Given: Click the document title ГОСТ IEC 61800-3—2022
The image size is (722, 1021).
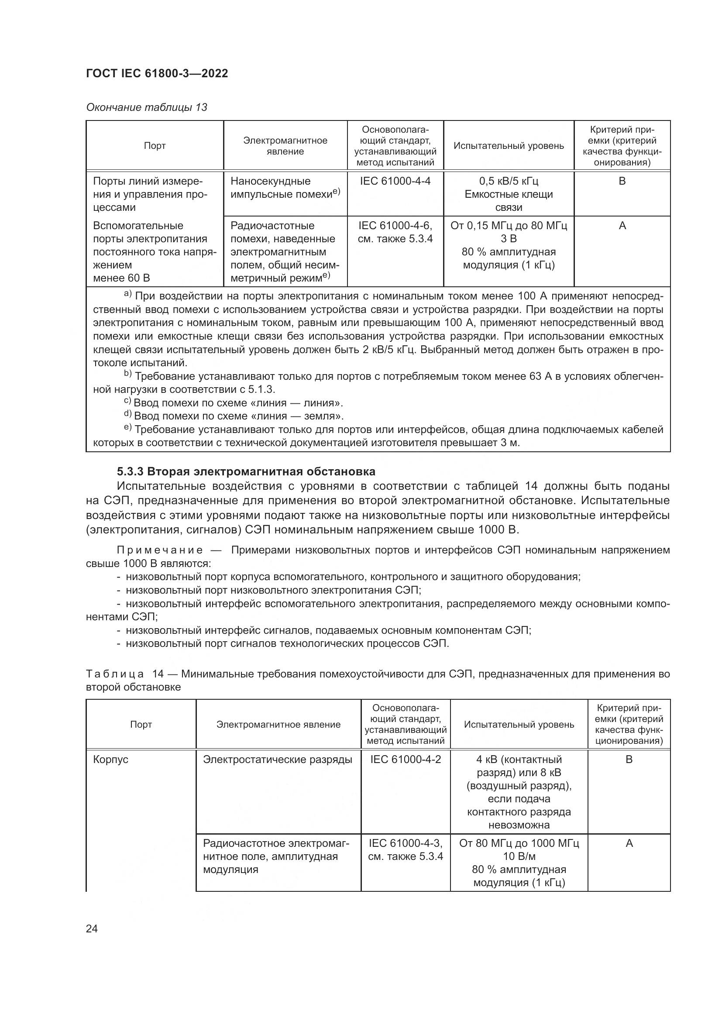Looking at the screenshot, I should pyautogui.click(x=157, y=74).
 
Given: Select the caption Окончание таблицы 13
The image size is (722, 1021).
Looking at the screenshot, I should pyautogui.click(x=146, y=107).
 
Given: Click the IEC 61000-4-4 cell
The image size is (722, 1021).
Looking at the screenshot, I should pyautogui.click(x=395, y=181).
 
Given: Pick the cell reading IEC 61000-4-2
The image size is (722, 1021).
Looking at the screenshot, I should pyautogui.click(x=406, y=759).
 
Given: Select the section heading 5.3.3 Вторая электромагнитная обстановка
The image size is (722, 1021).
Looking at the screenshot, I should pyautogui.click(x=246, y=471).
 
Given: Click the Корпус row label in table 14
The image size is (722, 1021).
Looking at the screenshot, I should pyautogui.click(x=111, y=759).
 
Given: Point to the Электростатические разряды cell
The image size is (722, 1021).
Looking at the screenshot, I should pyautogui.click(x=278, y=759).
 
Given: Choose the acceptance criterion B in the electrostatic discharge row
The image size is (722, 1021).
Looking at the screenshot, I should pyautogui.click(x=629, y=759).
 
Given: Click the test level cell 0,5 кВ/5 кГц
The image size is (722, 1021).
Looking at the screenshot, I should pyautogui.click(x=509, y=181).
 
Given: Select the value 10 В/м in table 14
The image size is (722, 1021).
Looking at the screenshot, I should pyautogui.click(x=519, y=856).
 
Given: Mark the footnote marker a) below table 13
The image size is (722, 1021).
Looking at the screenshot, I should pyautogui.click(x=127, y=294).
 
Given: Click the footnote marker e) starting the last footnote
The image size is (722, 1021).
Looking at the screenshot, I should pyautogui.click(x=127, y=428).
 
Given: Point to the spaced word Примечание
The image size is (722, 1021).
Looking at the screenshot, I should pyautogui.click(x=160, y=550).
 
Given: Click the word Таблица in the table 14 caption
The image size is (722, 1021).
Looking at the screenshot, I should pyautogui.click(x=115, y=674).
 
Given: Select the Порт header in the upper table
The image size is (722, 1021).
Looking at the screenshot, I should pyautogui.click(x=155, y=146).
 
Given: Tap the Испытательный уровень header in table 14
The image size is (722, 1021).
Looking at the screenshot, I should pyautogui.click(x=519, y=725).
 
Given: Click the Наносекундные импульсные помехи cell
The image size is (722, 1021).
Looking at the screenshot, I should pyautogui.click(x=285, y=188).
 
